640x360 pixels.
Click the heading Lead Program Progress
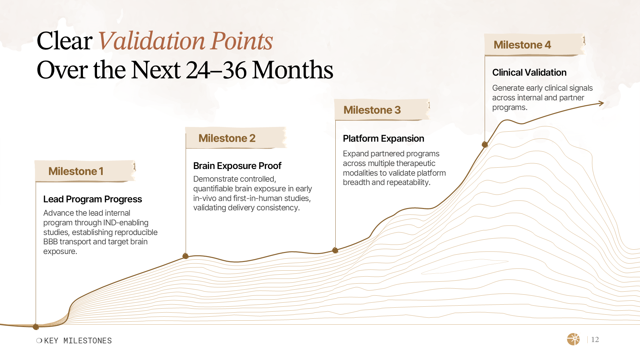click(93, 199)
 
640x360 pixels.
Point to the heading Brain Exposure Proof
click(237, 166)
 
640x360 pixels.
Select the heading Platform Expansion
click(383, 138)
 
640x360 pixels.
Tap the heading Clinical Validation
click(529, 72)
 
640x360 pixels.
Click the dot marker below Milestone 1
click(36, 327)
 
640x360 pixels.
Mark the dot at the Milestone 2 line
click(186, 256)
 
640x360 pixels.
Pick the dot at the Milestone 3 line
click(335, 250)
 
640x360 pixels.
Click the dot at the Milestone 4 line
click(485, 144)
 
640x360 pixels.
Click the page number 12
click(595, 339)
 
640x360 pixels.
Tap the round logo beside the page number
click(573, 339)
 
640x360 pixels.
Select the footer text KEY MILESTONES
click(78, 341)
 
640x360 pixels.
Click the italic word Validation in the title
click(152, 41)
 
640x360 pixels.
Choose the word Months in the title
click(293, 70)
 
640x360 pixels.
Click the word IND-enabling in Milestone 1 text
click(126, 223)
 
